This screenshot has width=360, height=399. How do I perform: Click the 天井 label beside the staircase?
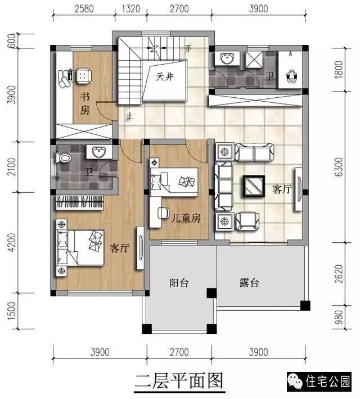tap(165, 76)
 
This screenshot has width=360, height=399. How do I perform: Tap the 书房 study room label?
tap(85, 104)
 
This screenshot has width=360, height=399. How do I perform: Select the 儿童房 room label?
tap(186, 218)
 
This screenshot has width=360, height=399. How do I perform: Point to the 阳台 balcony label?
tap(179, 283)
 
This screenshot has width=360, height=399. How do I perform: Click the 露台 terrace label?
tap(249, 283)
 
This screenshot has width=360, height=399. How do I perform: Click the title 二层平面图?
tap(179, 381)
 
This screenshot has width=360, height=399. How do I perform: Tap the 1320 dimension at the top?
tap(131, 9)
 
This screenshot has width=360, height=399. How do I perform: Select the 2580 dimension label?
tap(84, 9)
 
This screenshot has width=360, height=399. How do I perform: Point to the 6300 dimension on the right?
tap(339, 167)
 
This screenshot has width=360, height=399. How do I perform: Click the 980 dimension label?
tap(339, 317)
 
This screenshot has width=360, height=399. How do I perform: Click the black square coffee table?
tap(254, 187)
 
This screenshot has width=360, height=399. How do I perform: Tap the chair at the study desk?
tap(83, 76)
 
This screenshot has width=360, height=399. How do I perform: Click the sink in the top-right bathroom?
tap(227, 59)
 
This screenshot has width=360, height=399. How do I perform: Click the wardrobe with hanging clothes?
tap(79, 203)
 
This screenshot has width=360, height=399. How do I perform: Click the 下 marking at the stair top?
tap(188, 48)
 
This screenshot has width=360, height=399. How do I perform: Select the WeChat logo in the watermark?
tap(295, 382)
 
